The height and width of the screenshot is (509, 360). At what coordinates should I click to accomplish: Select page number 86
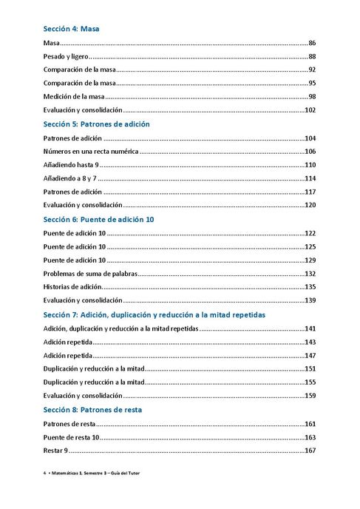coord(312,44)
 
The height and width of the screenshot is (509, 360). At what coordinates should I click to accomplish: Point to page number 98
coord(312,97)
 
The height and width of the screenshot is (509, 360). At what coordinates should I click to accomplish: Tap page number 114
coord(310,178)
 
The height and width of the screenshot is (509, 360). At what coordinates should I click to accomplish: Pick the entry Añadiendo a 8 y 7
coord(70,178)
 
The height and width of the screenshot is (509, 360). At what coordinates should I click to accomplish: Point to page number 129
coord(310,260)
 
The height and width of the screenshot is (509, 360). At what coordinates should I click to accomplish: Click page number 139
coord(310,300)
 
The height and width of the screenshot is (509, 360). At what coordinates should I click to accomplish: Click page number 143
coord(310,342)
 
